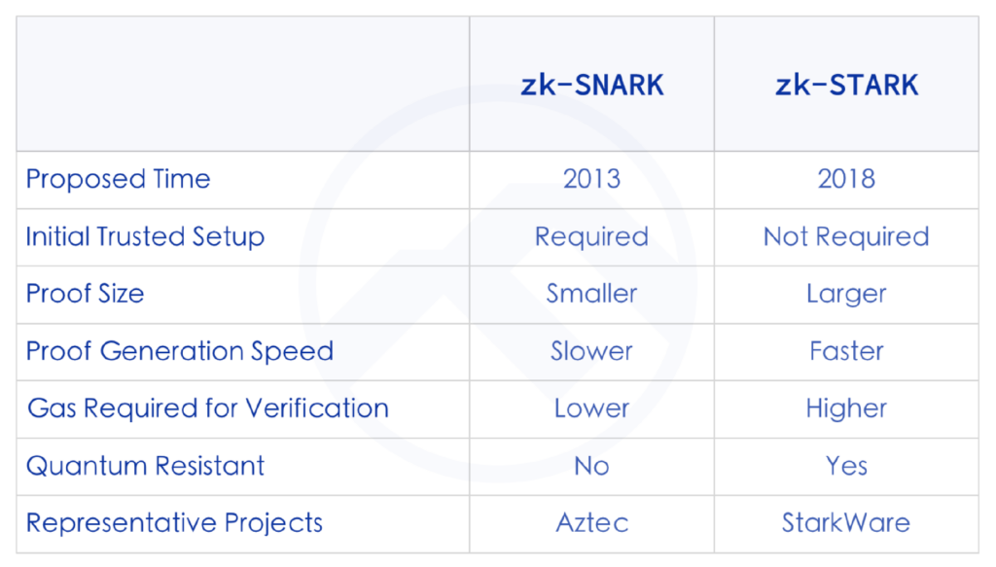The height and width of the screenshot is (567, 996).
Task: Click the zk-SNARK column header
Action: point(592,85)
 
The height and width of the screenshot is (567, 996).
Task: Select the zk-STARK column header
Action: point(847,85)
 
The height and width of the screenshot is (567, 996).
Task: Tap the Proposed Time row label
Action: point(118,179)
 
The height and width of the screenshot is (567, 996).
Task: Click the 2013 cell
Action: point(592,179)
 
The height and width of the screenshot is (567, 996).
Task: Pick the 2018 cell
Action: point(847,179)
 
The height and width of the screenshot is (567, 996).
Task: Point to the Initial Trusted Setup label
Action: point(145,237)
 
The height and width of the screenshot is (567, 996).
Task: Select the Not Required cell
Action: point(847,237)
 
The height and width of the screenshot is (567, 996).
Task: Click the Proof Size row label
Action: point(86,294)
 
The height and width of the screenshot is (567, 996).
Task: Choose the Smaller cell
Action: point(592,294)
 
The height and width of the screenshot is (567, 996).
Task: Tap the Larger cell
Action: point(847,294)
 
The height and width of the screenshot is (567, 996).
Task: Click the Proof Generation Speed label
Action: point(180,351)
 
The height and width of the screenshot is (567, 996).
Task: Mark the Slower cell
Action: point(592,351)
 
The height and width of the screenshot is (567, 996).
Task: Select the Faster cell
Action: point(847,351)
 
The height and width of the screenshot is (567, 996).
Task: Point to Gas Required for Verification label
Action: point(208,408)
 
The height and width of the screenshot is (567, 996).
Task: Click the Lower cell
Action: point(592,408)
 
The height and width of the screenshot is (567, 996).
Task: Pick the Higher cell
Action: point(847,408)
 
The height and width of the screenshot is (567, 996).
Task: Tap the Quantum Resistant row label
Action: point(146,466)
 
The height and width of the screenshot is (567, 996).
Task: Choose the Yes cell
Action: point(847,466)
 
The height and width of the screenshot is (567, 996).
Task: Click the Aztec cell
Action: point(592,523)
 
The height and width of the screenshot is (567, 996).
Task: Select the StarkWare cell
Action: point(847,523)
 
